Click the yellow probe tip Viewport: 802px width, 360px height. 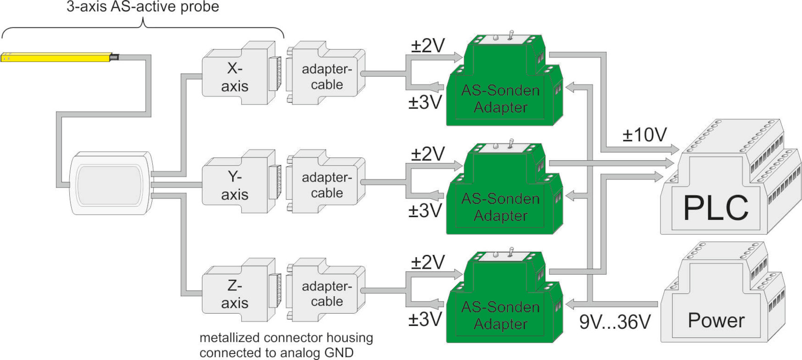[56, 57]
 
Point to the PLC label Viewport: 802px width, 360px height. [715, 208]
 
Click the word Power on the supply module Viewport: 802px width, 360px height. [716, 321]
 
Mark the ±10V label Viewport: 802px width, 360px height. [644, 135]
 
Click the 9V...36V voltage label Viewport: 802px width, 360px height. [615, 322]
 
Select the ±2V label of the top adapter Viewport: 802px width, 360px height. [428, 45]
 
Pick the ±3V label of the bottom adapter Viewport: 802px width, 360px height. [425, 319]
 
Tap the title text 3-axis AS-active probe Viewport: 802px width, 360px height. [142, 7]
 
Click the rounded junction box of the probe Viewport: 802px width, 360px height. [111, 183]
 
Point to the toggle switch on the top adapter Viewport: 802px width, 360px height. [511, 36]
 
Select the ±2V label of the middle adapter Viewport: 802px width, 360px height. [428, 154]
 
